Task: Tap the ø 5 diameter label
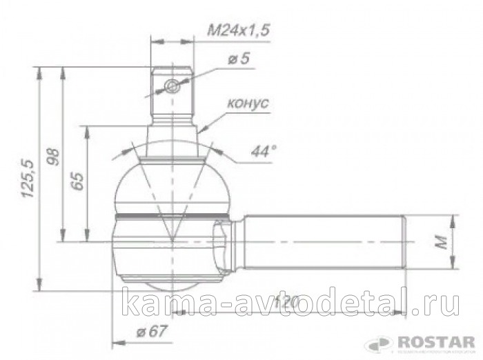pyautogui.click(x=237, y=59)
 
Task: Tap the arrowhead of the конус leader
pyautogui.click(x=201, y=129)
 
